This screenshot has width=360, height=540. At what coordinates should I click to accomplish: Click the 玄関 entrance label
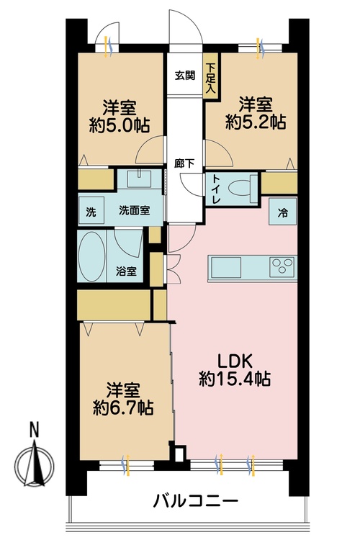[185, 75]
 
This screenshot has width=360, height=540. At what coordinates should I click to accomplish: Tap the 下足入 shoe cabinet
[211, 76]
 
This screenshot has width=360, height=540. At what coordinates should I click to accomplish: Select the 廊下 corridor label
[184, 163]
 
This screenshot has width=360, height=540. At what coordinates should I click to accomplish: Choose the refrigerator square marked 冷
[282, 211]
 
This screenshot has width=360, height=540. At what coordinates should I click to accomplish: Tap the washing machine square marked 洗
[91, 210]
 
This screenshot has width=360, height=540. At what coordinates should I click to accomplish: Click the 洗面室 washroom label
[135, 210]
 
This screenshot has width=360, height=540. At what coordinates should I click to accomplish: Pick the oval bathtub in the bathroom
[92, 256]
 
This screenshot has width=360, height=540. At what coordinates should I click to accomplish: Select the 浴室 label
[126, 271]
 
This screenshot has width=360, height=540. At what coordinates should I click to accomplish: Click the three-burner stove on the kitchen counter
[282, 266]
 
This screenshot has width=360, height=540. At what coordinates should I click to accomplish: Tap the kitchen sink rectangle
[225, 267]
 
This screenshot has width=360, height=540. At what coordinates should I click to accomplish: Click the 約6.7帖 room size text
[123, 408]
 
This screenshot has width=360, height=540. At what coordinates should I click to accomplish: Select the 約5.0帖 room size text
[120, 125]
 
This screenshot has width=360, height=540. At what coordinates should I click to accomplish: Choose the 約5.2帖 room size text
[256, 122]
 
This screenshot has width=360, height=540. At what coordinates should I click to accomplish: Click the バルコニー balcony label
[195, 500]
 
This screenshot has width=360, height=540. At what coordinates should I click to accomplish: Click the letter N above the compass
[34, 430]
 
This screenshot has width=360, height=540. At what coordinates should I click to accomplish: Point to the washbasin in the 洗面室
[139, 179]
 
